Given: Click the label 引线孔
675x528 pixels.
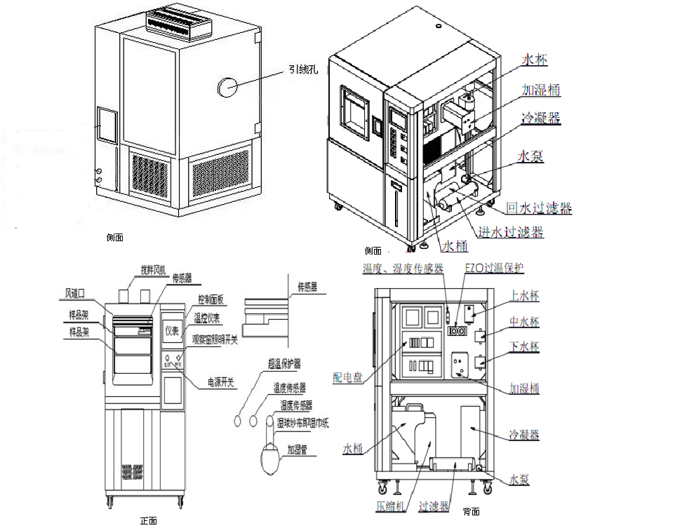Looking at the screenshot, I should (x=302, y=69).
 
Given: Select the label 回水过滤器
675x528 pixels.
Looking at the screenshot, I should (x=538, y=208).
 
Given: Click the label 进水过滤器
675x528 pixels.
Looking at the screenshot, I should (x=510, y=232).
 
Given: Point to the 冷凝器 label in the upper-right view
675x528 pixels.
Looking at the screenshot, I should (x=540, y=119).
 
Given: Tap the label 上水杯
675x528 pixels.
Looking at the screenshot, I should (x=523, y=295).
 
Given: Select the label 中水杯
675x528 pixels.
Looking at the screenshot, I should (x=523, y=323).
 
